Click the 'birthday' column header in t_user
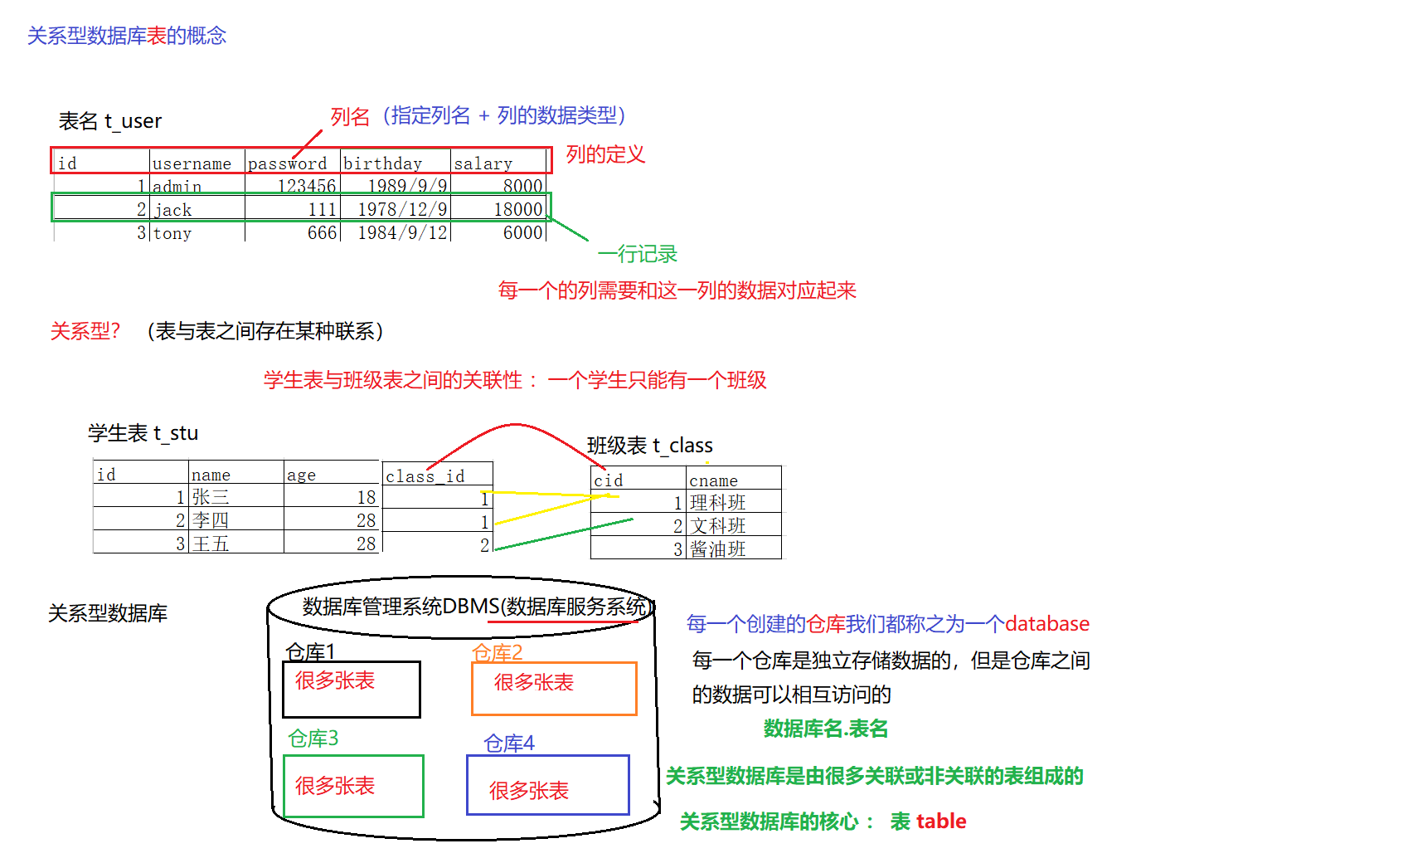[x=383, y=163]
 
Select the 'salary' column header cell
[x=483, y=163]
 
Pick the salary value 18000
[x=518, y=210]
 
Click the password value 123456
[x=307, y=186]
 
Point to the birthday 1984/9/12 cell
[x=402, y=233]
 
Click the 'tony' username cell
[x=172, y=233]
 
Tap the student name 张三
[x=211, y=497]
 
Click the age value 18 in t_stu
[x=367, y=497]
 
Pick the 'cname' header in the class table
[x=713, y=480]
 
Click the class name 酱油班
[x=718, y=549]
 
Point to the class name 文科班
[x=718, y=526]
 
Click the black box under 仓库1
[x=352, y=689]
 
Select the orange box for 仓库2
[x=554, y=688]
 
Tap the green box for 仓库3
[x=353, y=786]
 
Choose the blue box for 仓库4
[x=548, y=785]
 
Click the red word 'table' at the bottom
[x=940, y=822]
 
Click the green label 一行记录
[x=638, y=254]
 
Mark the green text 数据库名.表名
[x=826, y=729]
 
